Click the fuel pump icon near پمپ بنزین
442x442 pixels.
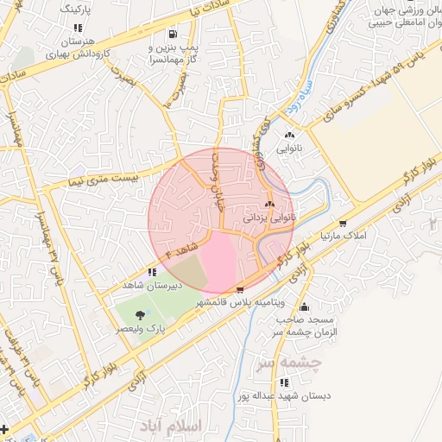click(x=174, y=34)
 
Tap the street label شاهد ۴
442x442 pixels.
click(x=170, y=252)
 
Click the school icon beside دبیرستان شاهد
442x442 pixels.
click(x=152, y=273)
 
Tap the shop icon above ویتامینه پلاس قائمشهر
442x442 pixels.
click(x=240, y=289)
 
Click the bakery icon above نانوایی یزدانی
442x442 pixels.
click(x=270, y=205)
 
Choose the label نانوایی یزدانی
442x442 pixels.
click(x=269, y=219)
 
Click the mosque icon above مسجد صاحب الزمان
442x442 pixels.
click(x=303, y=306)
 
